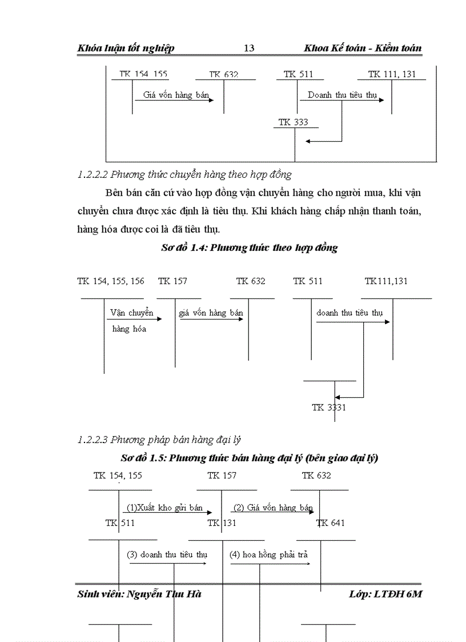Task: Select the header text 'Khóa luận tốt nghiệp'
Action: click(126, 48)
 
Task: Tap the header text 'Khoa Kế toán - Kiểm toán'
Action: click(363, 48)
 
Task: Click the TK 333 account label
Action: click(293, 122)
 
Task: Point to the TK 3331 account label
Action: click(329, 408)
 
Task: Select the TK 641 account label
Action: click(331, 523)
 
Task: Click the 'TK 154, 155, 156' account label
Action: click(111, 281)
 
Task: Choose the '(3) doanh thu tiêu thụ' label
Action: click(167, 555)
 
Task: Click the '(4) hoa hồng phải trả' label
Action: click(268, 555)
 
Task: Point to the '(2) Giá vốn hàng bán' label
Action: click(273, 508)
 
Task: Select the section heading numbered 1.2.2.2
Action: click(184, 174)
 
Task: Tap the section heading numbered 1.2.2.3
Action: click(159, 440)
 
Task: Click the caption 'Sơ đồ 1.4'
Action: click(249, 248)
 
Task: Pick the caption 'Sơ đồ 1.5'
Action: click(249, 458)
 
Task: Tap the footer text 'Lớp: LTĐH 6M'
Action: click(385, 594)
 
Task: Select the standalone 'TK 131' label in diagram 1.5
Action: click(222, 523)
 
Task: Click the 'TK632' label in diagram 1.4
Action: click(251, 281)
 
